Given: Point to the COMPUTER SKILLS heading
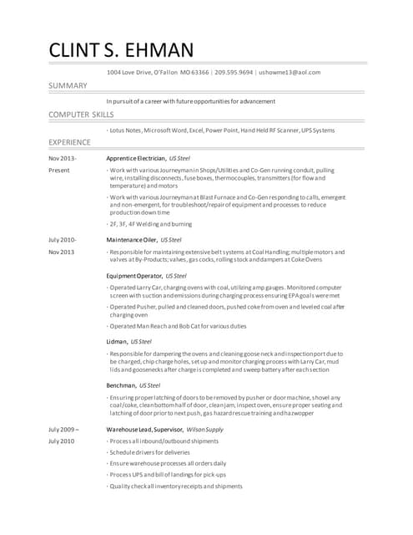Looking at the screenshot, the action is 81,114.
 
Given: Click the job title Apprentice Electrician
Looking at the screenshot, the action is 135,157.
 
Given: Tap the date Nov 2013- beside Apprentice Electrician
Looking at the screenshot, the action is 63,157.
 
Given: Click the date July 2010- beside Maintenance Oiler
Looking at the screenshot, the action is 63,239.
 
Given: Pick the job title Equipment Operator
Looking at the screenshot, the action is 133,275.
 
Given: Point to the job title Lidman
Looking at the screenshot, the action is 117,341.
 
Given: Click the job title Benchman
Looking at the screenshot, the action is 122,385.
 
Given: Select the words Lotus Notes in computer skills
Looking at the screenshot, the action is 126,130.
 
